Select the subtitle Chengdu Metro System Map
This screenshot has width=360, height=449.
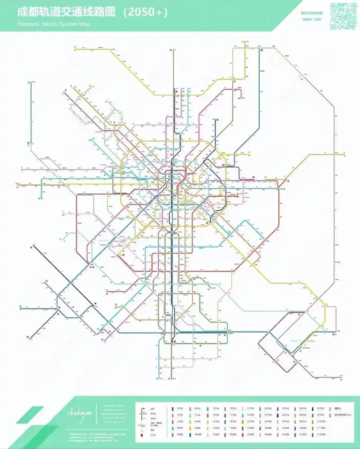tap(54, 24)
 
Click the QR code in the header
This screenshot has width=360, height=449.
tap(343, 16)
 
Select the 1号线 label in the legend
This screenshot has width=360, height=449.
tap(180, 408)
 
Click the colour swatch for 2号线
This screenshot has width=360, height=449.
tap(173, 414)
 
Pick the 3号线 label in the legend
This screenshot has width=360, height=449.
tap(180, 421)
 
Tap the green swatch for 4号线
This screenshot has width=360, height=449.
tap(173, 428)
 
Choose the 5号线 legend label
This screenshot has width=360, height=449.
tap(180, 435)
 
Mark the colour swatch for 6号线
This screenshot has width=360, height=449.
tap(190, 408)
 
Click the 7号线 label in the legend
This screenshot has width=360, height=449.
tap(198, 414)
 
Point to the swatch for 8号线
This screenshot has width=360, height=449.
tap(190, 421)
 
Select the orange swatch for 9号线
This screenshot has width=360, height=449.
tap(190, 428)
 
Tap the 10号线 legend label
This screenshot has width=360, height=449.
tap(198, 435)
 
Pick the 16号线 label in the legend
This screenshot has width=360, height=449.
tap(233, 408)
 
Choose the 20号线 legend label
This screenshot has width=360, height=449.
tap(233, 435)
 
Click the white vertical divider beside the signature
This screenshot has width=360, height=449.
tap(97, 412)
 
